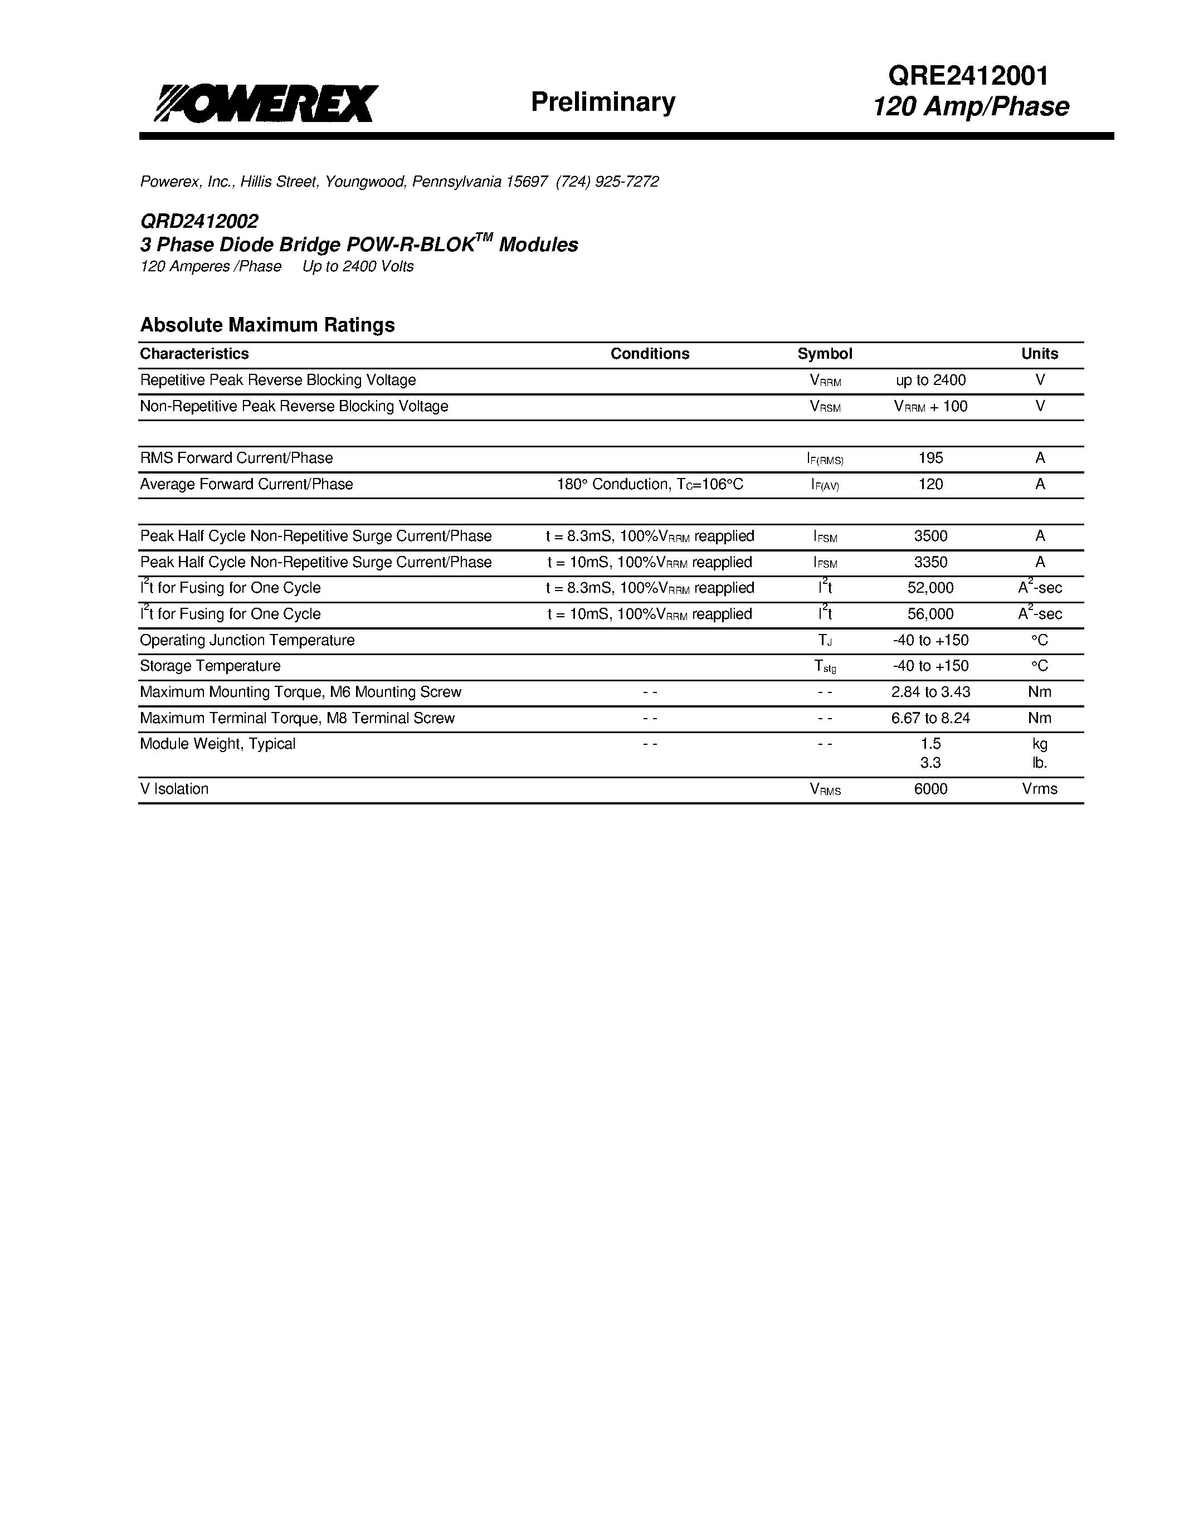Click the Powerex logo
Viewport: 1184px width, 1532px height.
[x=266, y=104]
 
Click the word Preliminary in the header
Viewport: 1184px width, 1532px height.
[x=602, y=102]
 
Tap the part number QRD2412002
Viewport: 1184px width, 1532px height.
[x=199, y=221]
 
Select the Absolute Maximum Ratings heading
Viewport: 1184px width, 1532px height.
[x=267, y=325]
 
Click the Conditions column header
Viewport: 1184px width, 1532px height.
[x=650, y=354]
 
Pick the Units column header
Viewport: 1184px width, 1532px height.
[x=1040, y=354]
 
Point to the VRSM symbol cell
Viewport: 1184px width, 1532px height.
[x=825, y=407]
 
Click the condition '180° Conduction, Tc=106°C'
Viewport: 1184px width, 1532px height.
[x=650, y=484]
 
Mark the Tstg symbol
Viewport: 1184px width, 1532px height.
[x=825, y=666]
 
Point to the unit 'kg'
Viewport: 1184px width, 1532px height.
[x=1040, y=744]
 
